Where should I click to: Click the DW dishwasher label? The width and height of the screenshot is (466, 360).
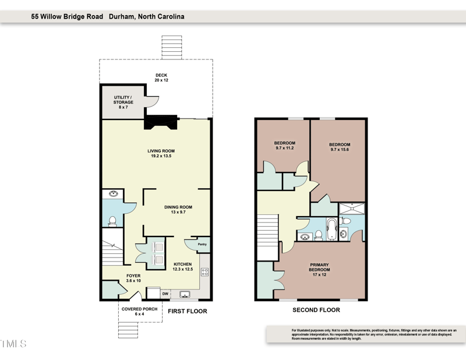pyautogui.click(x=165, y=294)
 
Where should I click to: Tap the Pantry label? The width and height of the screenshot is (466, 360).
pyautogui.click(x=202, y=244)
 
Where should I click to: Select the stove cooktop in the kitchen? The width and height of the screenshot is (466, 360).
pyautogui.click(x=205, y=271)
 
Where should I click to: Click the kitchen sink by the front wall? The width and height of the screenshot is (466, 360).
pyautogui.click(x=185, y=294)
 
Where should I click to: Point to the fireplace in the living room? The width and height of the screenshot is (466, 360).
pyautogui.click(x=161, y=122)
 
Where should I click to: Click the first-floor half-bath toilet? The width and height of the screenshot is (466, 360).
pyautogui.click(x=112, y=221)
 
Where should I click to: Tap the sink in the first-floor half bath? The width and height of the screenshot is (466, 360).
pyautogui.click(x=113, y=194)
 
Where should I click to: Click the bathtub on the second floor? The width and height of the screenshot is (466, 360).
pyautogui.click(x=331, y=229)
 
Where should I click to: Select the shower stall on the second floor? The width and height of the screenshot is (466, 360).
pyautogui.click(x=352, y=209)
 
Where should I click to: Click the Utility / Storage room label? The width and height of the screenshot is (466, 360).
pyautogui.click(x=123, y=102)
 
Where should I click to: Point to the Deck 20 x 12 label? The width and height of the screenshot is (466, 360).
pyautogui.click(x=161, y=77)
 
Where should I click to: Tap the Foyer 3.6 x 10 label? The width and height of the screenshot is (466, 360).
pyautogui.click(x=133, y=278)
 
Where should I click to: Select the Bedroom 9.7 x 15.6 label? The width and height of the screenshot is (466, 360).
pyautogui.click(x=340, y=147)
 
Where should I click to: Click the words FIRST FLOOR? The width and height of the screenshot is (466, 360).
pyautogui.click(x=188, y=311)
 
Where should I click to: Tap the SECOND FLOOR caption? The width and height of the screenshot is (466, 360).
pyautogui.click(x=316, y=310)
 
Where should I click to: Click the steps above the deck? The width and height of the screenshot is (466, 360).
pyautogui.click(x=172, y=47)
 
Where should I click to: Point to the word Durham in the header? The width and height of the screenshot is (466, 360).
pyautogui.click(x=122, y=17)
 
